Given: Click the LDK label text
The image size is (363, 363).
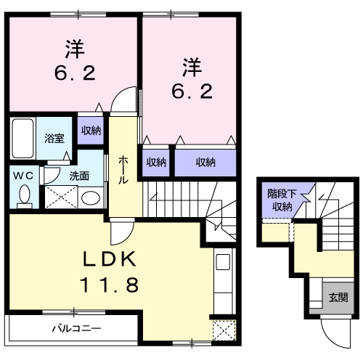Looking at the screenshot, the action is pyautogui.click(x=109, y=258).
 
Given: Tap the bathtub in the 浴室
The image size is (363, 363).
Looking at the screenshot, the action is pyautogui.click(x=23, y=138).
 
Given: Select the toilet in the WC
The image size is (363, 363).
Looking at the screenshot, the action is pyautogui.click(x=25, y=195).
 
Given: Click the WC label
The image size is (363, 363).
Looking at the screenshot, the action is pyautogui.click(x=23, y=176).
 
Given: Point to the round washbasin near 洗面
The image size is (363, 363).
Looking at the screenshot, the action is pyautogui.click(x=91, y=198).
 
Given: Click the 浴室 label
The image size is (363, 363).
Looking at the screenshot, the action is pyautogui.click(x=54, y=138).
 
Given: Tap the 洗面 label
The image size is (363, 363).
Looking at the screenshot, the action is pyautogui.click(x=79, y=176).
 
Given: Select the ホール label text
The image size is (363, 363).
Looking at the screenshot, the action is pyautogui.click(x=123, y=170).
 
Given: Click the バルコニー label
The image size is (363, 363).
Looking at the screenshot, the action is pyautogui.click(x=76, y=328).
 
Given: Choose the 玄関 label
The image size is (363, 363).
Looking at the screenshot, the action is pyautogui.click(x=338, y=298).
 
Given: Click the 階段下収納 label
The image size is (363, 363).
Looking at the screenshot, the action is pyautogui.click(x=282, y=200).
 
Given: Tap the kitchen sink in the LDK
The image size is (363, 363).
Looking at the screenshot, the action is pyautogui.click(x=223, y=261).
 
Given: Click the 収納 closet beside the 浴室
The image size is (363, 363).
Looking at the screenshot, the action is pyautogui.click(x=91, y=131).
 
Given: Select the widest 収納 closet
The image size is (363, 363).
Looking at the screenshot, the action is pyautogui.click(x=205, y=163).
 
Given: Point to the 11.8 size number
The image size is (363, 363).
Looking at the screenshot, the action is pyautogui.click(x=109, y=285).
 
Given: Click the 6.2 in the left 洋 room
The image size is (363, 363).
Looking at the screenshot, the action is pyautogui.click(x=75, y=73).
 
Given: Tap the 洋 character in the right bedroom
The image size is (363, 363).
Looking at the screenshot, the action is pyautogui.click(x=192, y=68).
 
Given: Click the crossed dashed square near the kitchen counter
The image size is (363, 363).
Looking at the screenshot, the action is pyautogui.click(x=224, y=330).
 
